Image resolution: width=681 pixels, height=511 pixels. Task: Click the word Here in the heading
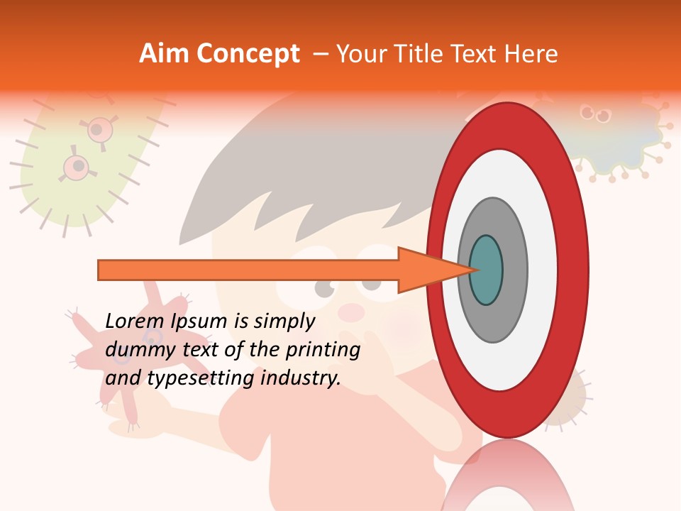coord(531,54)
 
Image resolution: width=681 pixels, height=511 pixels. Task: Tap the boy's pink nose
coord(350,311)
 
